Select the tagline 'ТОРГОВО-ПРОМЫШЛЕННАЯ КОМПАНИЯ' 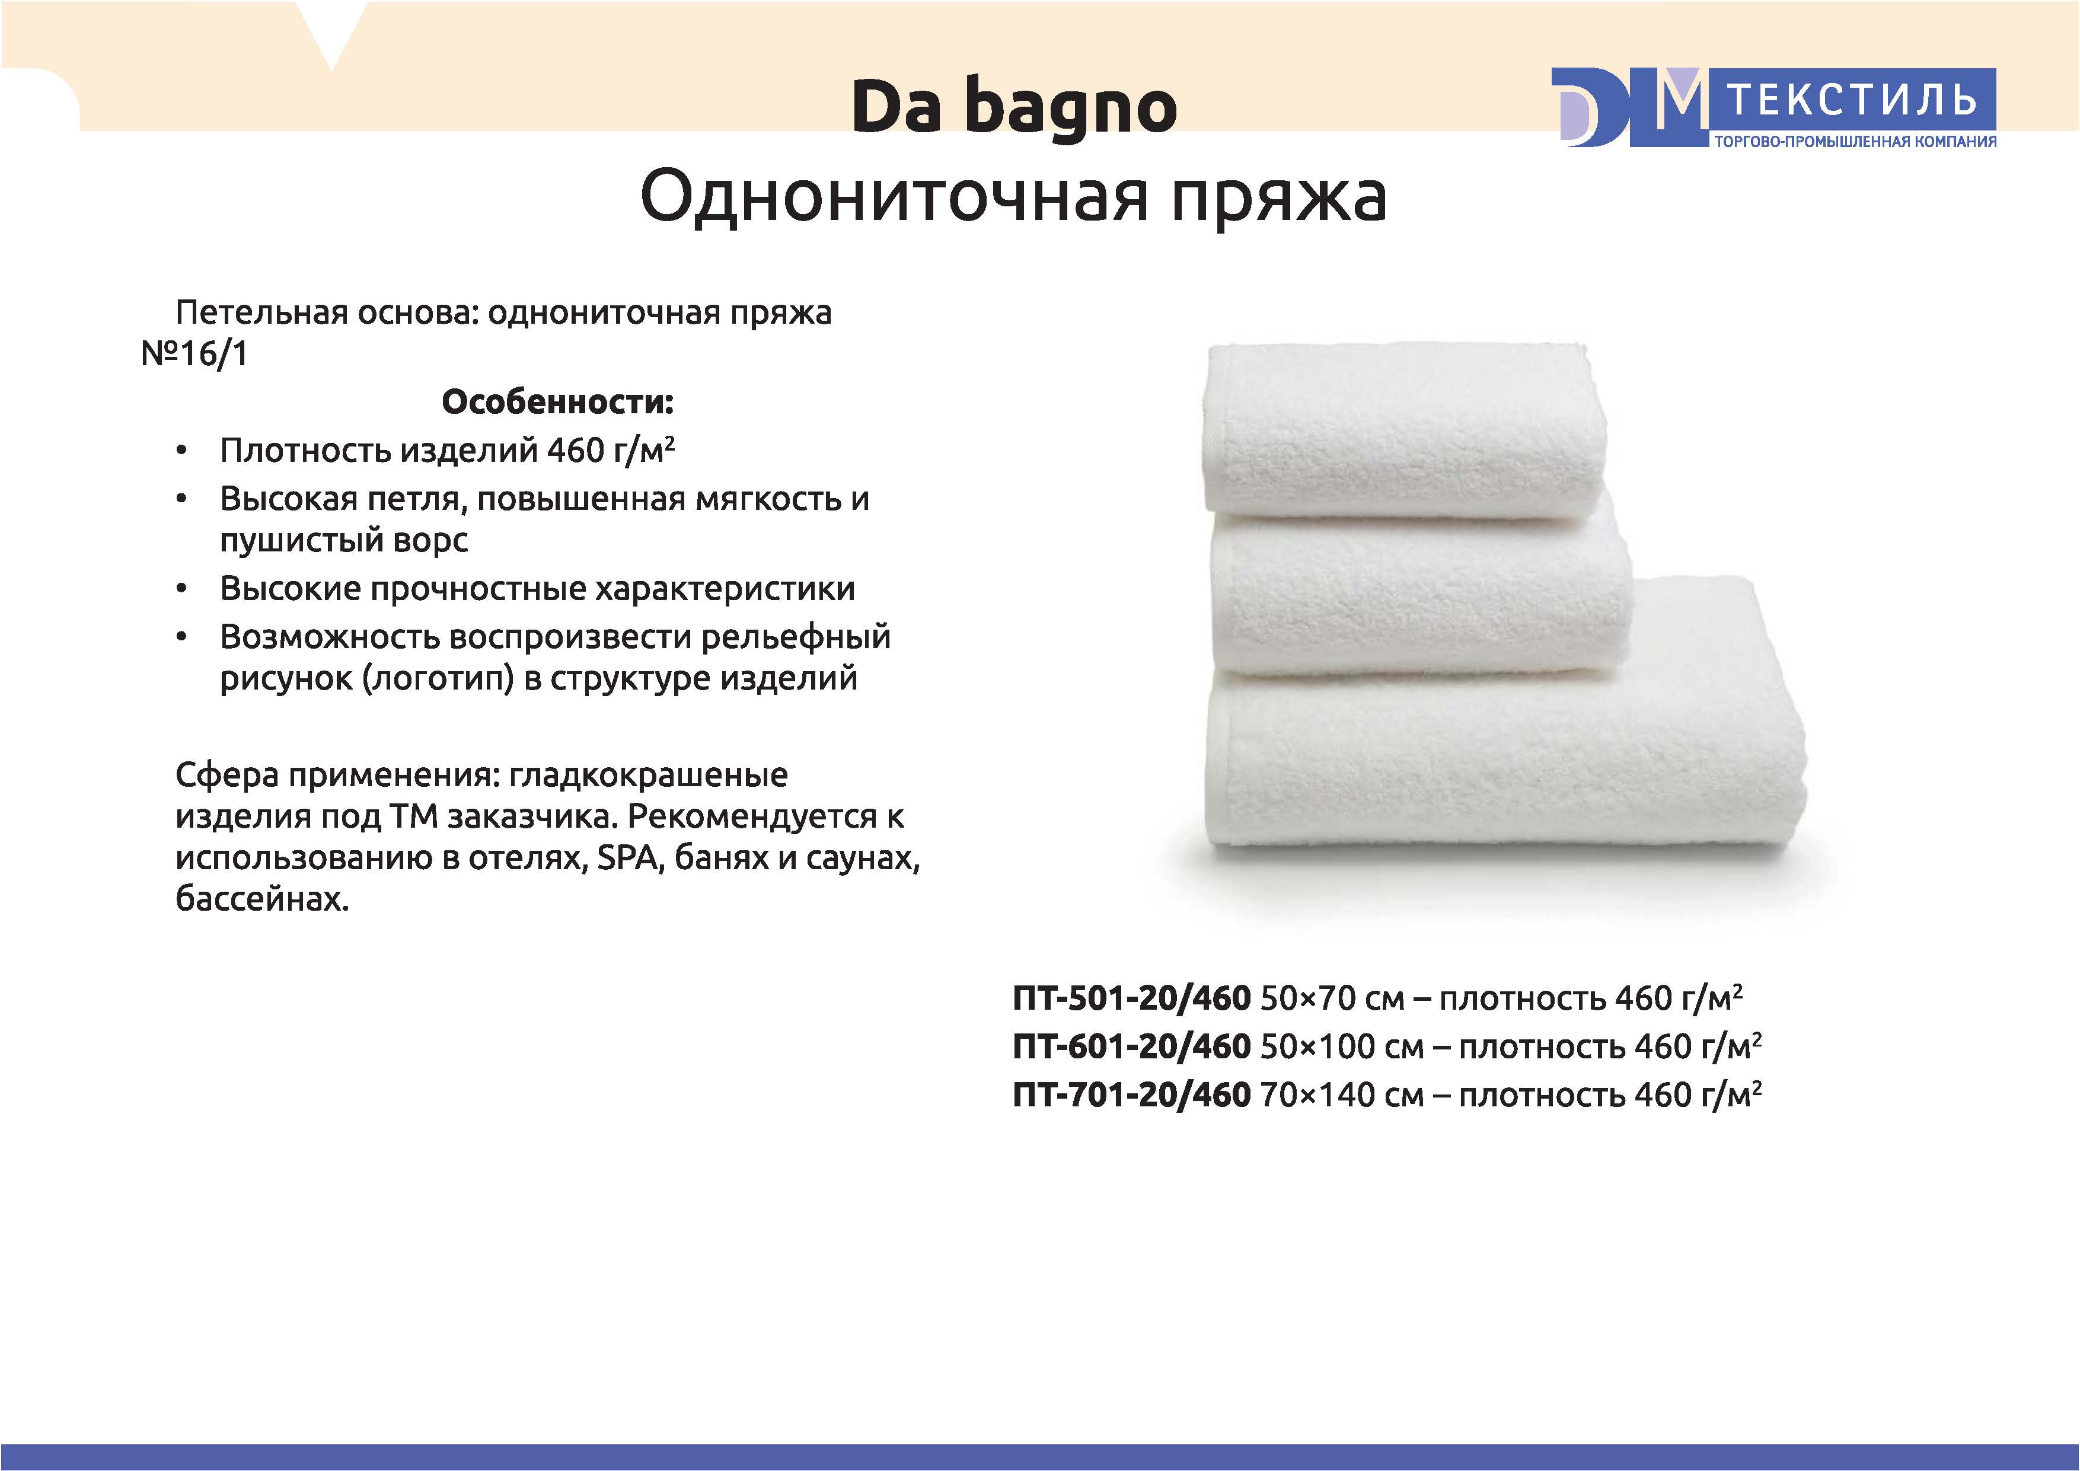tap(1855, 141)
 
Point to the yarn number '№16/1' tap(194, 353)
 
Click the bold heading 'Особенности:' tap(557, 402)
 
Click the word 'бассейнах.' tap(262, 898)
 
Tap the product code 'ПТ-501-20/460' tap(1131, 998)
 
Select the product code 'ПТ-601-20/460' tap(1131, 1046)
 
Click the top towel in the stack tap(1404, 430)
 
